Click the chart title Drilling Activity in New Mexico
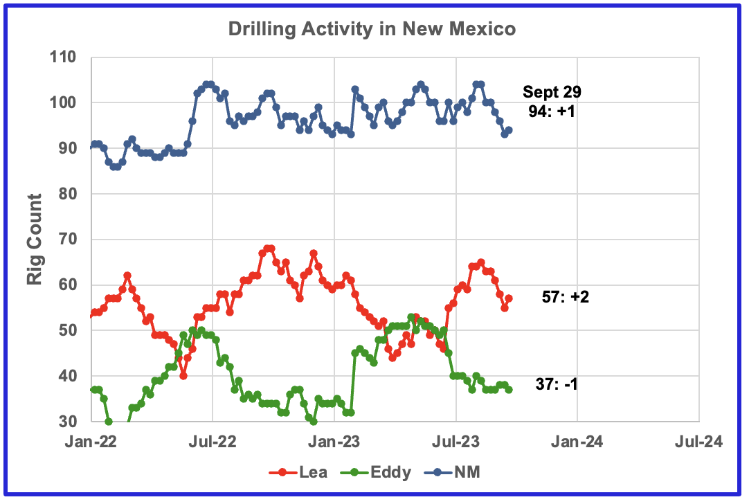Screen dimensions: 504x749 pyautogui.click(x=373, y=30)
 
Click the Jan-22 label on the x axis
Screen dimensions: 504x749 pyautogui.click(x=91, y=441)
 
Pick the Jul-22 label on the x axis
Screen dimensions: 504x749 pyautogui.click(x=213, y=441)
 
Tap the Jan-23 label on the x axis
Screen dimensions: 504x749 pyautogui.click(x=334, y=441)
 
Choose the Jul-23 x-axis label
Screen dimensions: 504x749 pyautogui.click(x=456, y=441)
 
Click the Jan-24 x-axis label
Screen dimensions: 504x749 pyautogui.click(x=577, y=441)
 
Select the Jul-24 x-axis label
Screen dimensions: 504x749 pyautogui.click(x=698, y=441)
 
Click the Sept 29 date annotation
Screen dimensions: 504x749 pyautogui.click(x=552, y=92)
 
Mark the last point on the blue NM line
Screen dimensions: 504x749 pyautogui.click(x=509, y=130)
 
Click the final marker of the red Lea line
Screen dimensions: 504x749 pyautogui.click(x=509, y=298)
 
